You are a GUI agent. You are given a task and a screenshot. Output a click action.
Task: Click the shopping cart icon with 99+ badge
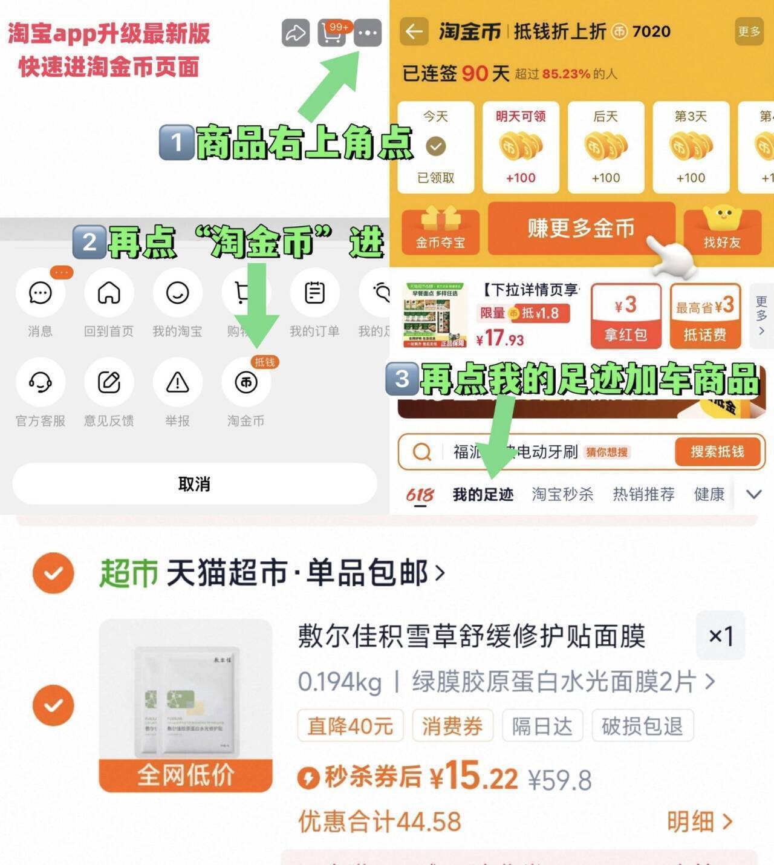point(332,33)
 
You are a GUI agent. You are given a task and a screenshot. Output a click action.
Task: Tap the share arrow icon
point(296,33)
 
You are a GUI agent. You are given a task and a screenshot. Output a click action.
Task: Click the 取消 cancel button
point(194,484)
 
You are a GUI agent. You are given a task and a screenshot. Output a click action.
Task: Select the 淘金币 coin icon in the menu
point(246,383)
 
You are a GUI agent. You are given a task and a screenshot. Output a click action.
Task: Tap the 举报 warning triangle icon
point(177,383)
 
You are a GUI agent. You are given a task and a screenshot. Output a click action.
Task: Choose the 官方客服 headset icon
point(40,383)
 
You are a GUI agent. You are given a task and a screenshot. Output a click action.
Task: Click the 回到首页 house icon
point(109,293)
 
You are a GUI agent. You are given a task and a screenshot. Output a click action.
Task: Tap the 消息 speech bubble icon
point(40,293)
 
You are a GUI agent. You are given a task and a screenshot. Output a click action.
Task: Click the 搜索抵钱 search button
point(717,452)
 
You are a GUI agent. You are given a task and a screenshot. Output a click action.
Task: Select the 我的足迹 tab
point(483,495)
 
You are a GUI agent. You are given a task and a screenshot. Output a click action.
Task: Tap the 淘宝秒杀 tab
point(562,495)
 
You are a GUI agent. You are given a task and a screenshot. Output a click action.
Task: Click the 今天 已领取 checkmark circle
point(435,146)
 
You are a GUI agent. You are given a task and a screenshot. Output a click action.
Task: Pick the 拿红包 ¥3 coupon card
point(625,316)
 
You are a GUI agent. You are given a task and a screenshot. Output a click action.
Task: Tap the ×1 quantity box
point(720,636)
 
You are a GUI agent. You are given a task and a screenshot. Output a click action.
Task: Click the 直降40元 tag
point(350,726)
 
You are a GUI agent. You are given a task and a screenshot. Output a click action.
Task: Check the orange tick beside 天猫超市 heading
point(53,573)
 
